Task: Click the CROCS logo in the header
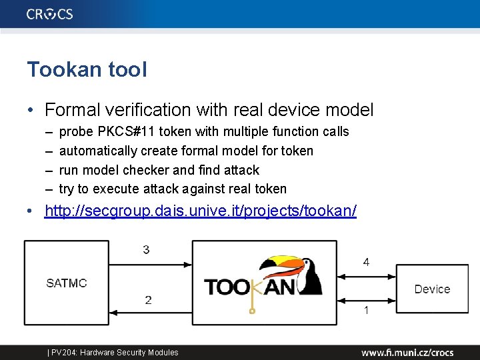pos(50,14)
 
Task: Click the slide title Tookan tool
pos(87,69)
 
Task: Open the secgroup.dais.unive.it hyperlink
pos(200,211)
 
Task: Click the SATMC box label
pos(67,283)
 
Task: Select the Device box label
pos(432,289)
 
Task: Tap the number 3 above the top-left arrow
pos(147,250)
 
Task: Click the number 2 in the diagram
pos(148,300)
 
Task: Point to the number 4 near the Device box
pos(366,262)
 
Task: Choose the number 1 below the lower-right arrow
pos(366,311)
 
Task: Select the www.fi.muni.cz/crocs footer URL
pos(407,353)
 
